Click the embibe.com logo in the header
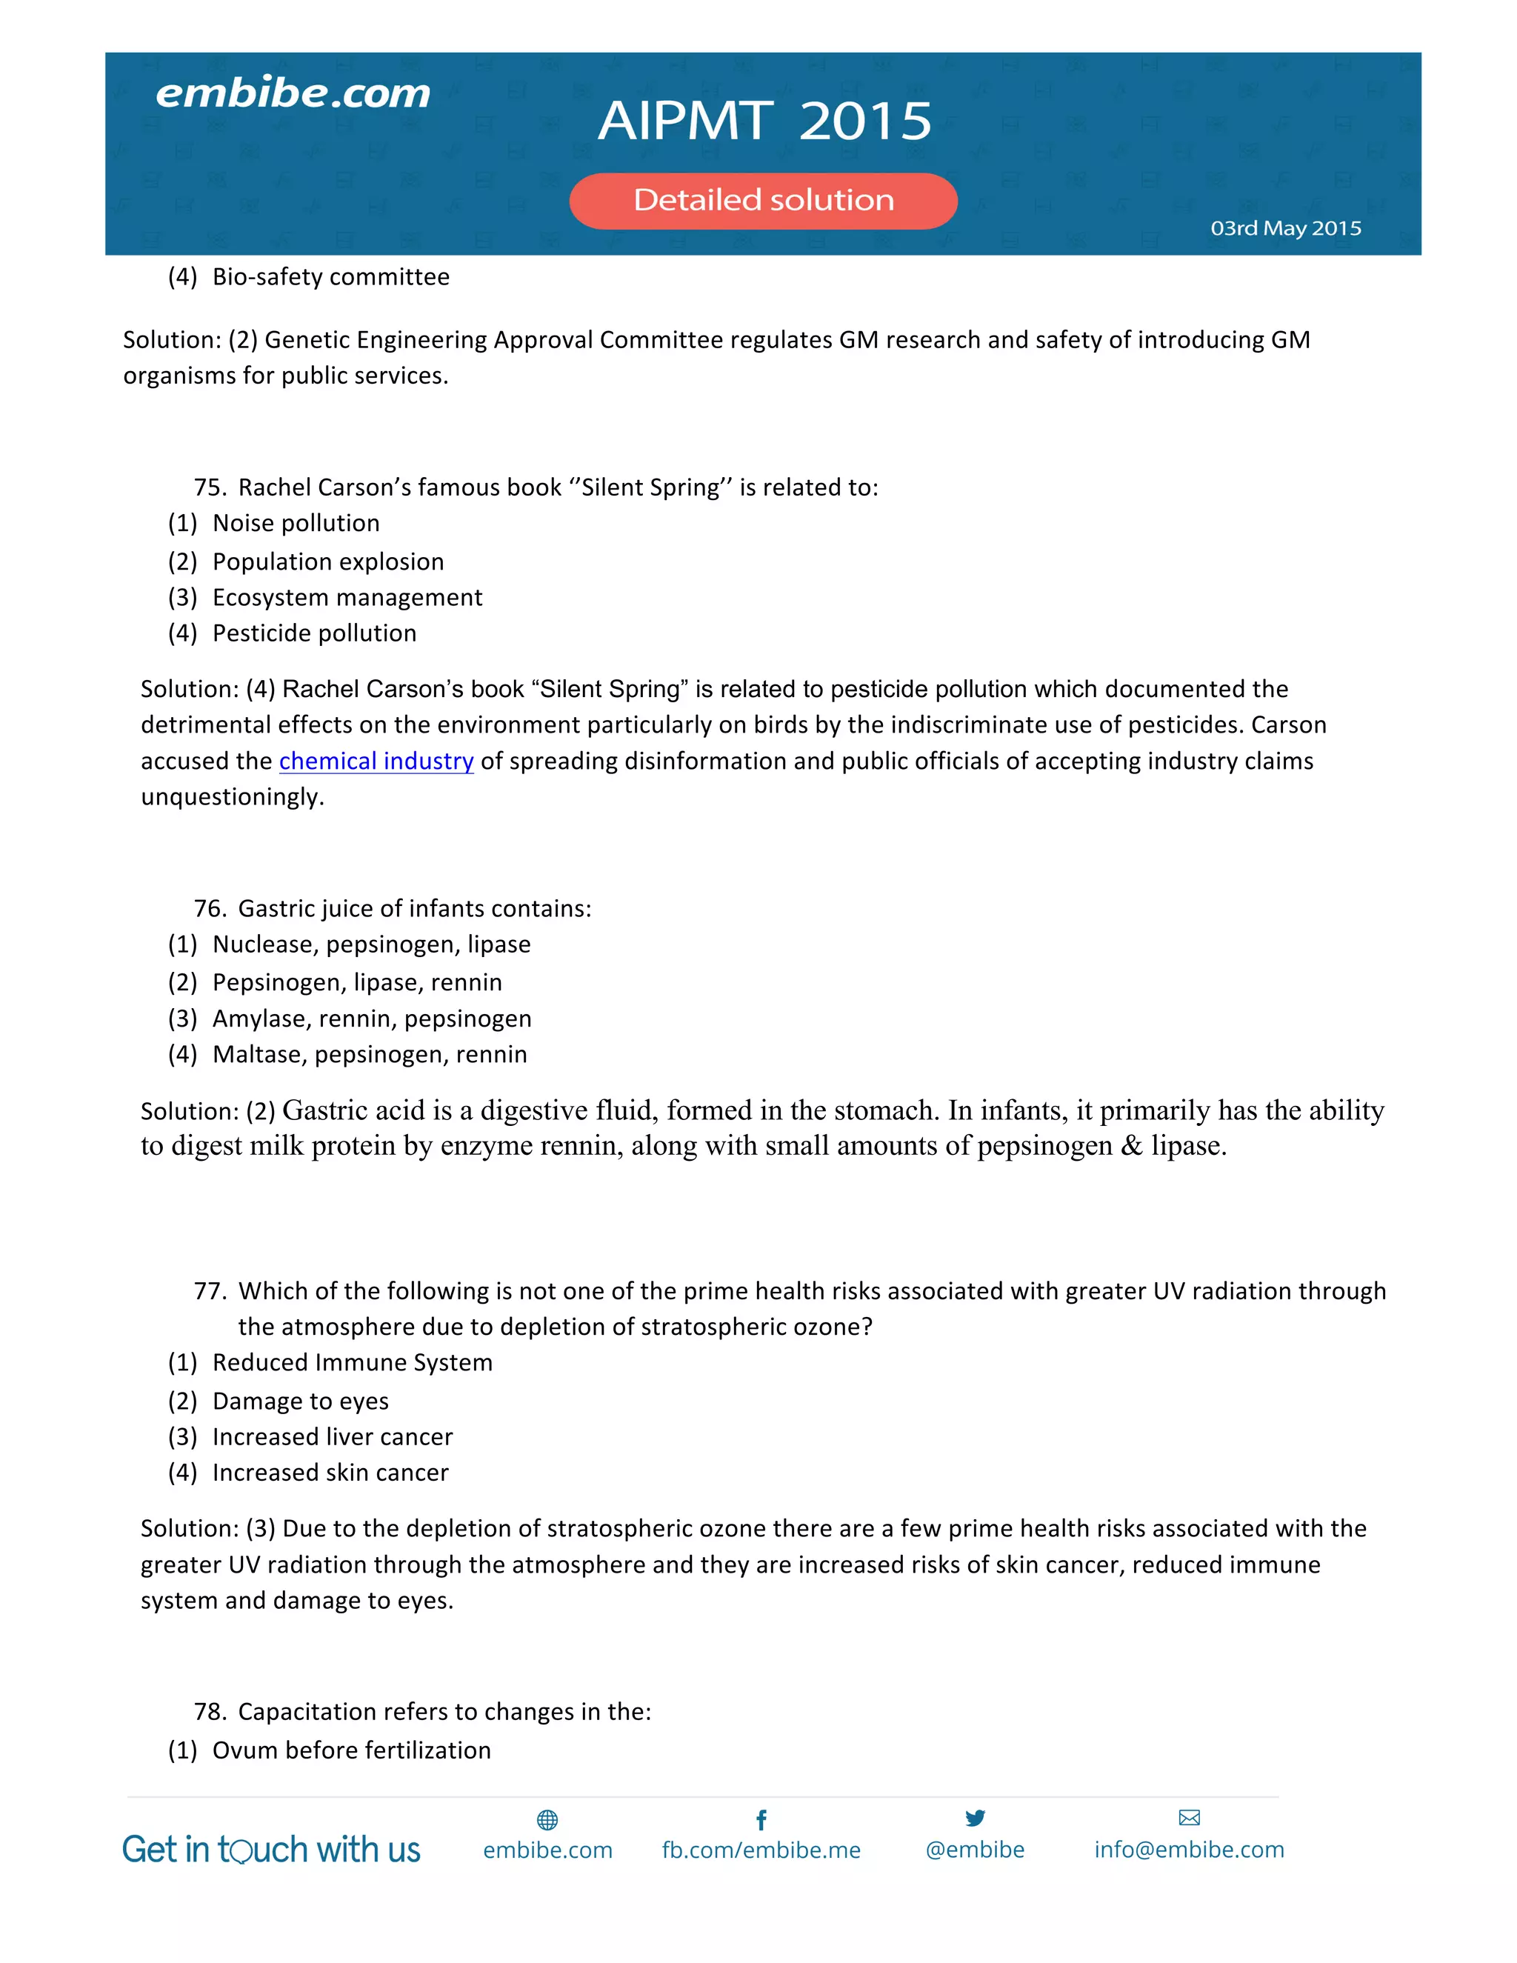(x=293, y=93)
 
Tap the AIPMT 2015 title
(x=764, y=121)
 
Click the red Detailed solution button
(x=763, y=201)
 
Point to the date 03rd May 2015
(x=1285, y=228)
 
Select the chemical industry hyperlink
(x=376, y=761)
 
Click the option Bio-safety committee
(x=330, y=277)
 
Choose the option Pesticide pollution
(x=313, y=633)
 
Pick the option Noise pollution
(x=296, y=523)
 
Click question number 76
(x=210, y=909)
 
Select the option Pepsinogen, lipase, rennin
(x=357, y=982)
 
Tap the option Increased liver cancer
(x=332, y=1437)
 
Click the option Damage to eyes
(x=300, y=1402)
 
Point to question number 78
(x=210, y=1712)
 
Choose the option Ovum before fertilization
(x=351, y=1751)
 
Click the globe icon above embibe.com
(x=547, y=1820)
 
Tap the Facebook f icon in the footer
(x=761, y=1820)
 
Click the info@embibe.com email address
(x=1189, y=1850)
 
